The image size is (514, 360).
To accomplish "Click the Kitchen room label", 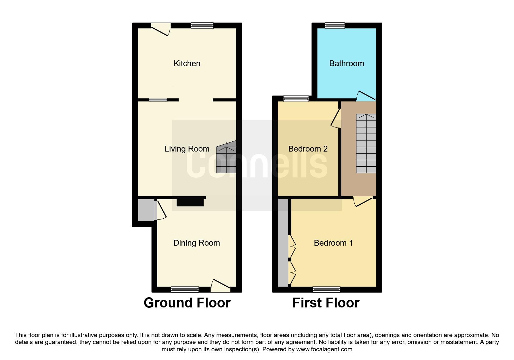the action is pos(187,63).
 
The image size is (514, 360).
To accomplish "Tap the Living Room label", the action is pos(187,149).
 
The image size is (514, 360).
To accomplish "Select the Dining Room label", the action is pos(196,243).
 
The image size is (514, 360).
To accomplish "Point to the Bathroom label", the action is pos(347,63).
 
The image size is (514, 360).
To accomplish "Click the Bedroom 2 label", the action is pos(308,149).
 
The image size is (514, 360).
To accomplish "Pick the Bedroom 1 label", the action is pos(333,243).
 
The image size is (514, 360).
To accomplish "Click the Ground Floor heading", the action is pos(187,303).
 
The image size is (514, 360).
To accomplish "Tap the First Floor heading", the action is pos(326,303).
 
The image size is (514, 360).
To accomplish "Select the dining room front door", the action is pos(221,285).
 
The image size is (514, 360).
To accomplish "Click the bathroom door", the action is pos(366,96).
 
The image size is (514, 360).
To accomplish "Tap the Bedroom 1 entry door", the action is pos(362,202).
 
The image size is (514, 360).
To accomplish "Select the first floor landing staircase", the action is pos(366,143).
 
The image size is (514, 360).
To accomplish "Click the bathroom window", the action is pos(335,26).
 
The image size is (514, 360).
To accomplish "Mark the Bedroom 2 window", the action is pos(296,99).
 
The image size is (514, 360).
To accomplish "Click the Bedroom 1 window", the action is pos(327,289).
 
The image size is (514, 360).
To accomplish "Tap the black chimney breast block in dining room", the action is pos(190,202).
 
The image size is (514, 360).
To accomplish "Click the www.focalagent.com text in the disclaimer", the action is pos(324,349).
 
